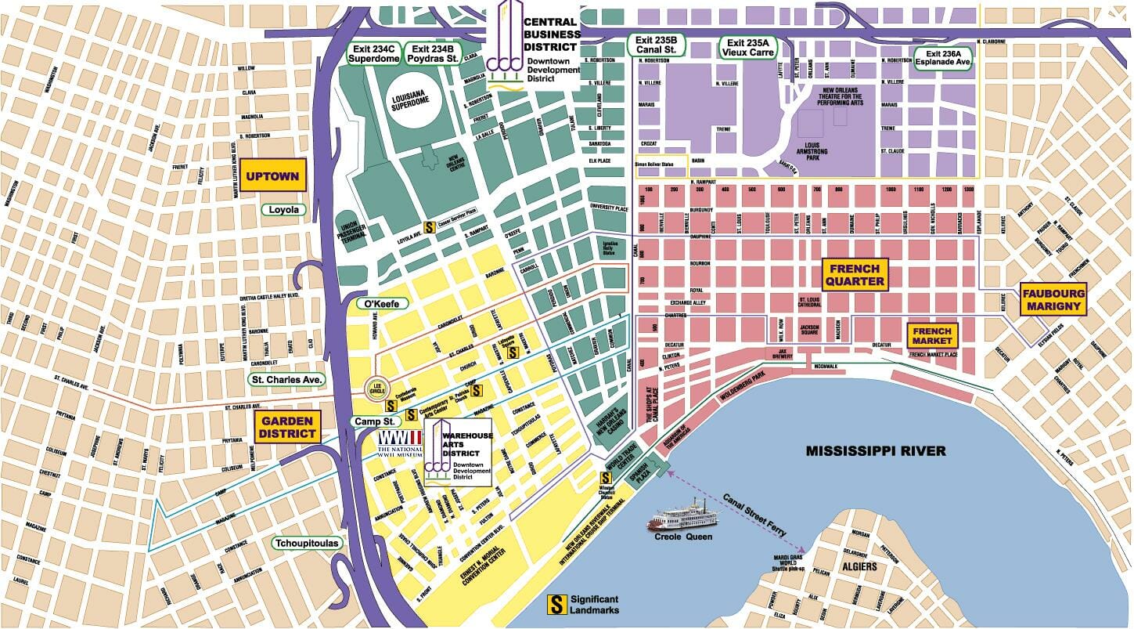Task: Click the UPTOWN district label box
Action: [272, 176]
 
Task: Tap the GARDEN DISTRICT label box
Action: [287, 426]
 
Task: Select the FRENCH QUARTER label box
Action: [855, 275]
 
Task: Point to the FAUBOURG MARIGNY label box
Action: [1054, 299]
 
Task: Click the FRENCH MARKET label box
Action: [932, 336]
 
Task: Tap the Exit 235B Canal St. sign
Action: [657, 46]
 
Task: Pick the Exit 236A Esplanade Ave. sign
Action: [945, 58]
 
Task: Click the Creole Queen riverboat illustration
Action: [679, 521]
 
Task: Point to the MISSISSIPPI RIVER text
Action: [877, 451]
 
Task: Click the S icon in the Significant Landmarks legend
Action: [556, 604]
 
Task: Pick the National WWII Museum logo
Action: [400, 443]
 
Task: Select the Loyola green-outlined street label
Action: [284, 210]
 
